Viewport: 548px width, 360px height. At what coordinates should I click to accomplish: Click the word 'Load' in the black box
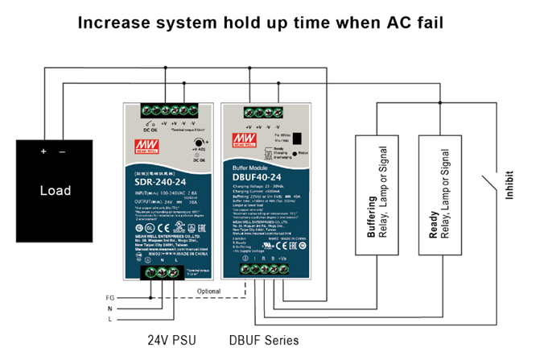(56, 190)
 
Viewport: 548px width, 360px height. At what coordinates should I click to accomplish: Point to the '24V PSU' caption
(172, 339)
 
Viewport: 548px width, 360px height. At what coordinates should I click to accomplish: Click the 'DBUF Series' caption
(265, 339)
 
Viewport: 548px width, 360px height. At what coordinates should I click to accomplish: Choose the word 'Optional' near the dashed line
(208, 291)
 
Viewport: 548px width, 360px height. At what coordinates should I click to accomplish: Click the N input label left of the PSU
(111, 308)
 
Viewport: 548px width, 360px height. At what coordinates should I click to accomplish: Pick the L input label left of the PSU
(111, 320)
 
